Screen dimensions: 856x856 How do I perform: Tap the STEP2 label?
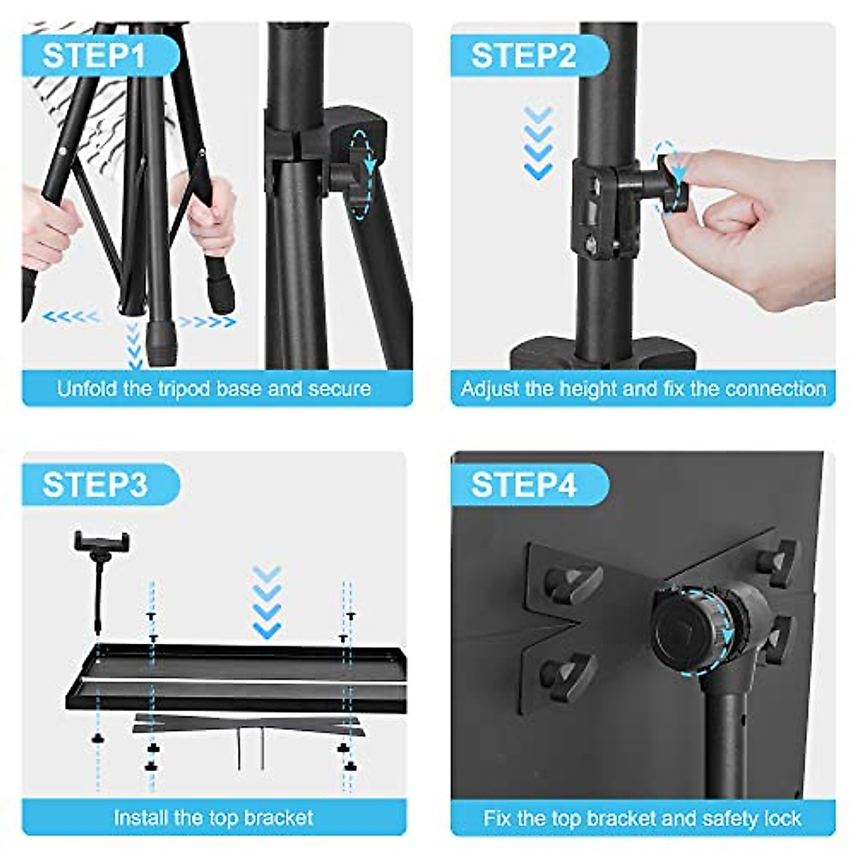523,56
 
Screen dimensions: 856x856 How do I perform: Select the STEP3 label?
94,485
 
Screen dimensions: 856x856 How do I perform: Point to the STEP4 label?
523,485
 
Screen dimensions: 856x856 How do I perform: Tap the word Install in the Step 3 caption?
140,817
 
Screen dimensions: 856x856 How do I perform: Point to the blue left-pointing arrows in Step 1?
71,316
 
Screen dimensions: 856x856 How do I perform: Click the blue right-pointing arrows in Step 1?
207,322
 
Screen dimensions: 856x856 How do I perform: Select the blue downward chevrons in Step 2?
538,143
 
